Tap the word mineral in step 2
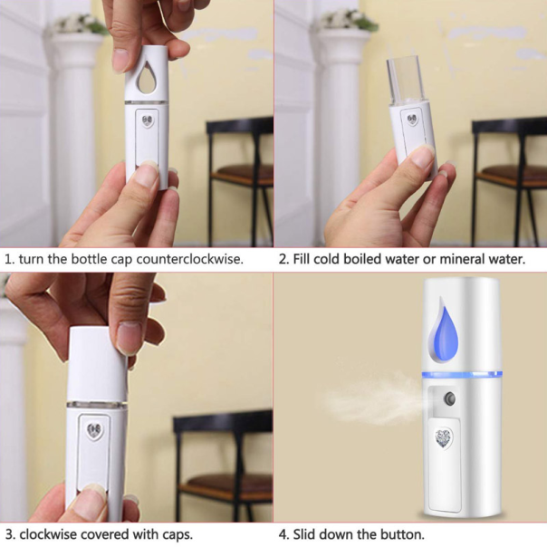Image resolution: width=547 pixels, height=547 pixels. pos(459,259)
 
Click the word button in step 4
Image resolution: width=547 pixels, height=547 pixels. pos(402,534)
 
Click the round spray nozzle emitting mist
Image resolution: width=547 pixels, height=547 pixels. pos(449,398)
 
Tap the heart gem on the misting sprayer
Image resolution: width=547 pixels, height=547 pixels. pos(444,438)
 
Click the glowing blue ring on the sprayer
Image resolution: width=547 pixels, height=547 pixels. pos(462,376)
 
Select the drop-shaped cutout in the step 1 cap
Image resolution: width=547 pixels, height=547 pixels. pos(146,77)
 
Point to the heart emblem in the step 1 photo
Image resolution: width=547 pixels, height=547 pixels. pos(148,121)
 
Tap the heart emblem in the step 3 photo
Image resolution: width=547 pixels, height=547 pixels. pos(94,429)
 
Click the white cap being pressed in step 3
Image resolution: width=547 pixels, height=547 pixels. pos(97,365)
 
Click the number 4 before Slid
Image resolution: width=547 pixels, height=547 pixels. pos(283,534)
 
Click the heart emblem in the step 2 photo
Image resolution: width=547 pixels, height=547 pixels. pos(413,120)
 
